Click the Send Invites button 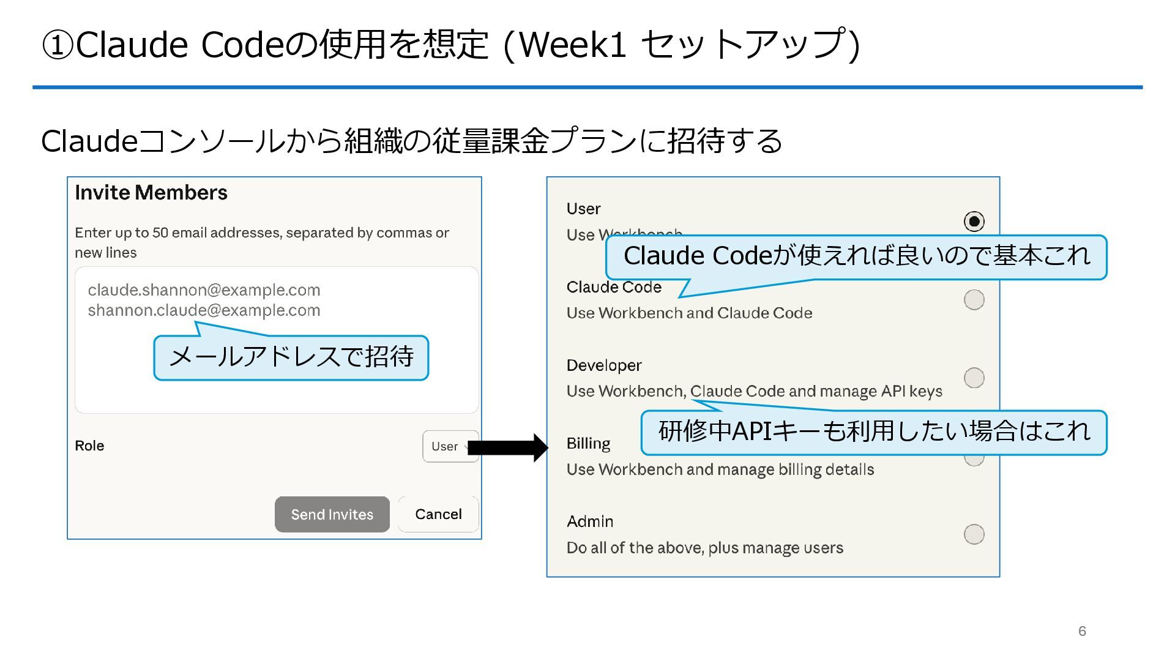[x=332, y=514]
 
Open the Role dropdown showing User [x=449, y=446]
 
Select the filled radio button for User [x=974, y=221]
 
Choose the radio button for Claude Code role [x=974, y=300]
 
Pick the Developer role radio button [x=974, y=378]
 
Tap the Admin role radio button [x=974, y=534]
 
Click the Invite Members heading [x=151, y=193]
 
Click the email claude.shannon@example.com [x=204, y=290]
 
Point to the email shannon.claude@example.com [x=204, y=310]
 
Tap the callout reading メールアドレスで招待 [x=291, y=357]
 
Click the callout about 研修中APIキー [x=874, y=432]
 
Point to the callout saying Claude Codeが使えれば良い [x=856, y=256]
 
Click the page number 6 [x=1082, y=631]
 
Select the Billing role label [x=588, y=443]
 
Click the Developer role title [x=604, y=365]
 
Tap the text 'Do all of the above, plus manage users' [x=704, y=548]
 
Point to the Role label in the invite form [x=89, y=446]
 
